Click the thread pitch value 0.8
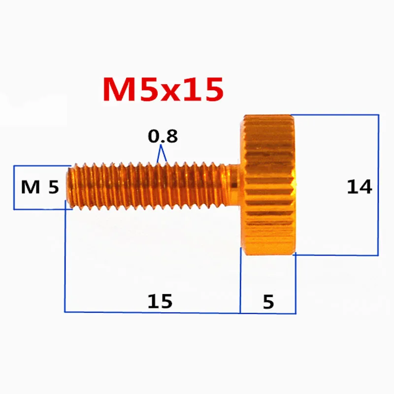163,136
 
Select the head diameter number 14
359,187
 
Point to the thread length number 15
160,301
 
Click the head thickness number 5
268,301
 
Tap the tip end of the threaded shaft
69,187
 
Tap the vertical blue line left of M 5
14,187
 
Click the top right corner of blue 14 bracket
378,115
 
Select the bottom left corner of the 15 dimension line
65,312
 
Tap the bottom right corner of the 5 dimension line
295,313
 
